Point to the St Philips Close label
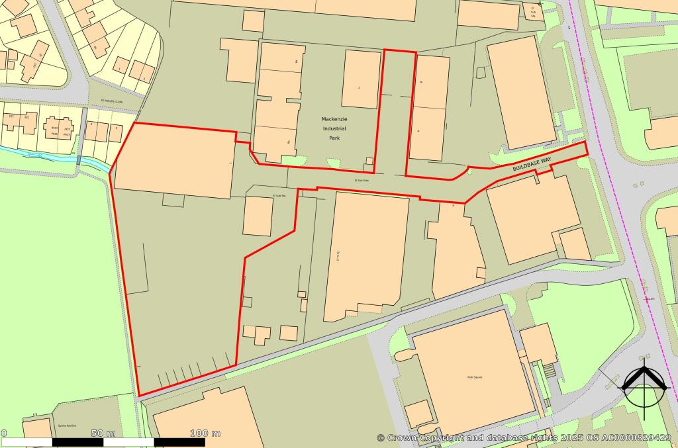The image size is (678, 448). [x=112, y=101]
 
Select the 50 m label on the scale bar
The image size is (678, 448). [x=103, y=433]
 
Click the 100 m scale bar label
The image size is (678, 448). [x=205, y=433]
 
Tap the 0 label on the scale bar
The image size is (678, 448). [x=4, y=433]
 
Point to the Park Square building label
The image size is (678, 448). [x=474, y=377]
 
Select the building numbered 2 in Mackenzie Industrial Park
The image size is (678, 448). [x=361, y=79]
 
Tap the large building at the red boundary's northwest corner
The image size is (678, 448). [x=175, y=160]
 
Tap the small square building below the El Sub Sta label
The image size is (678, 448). [x=258, y=216]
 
